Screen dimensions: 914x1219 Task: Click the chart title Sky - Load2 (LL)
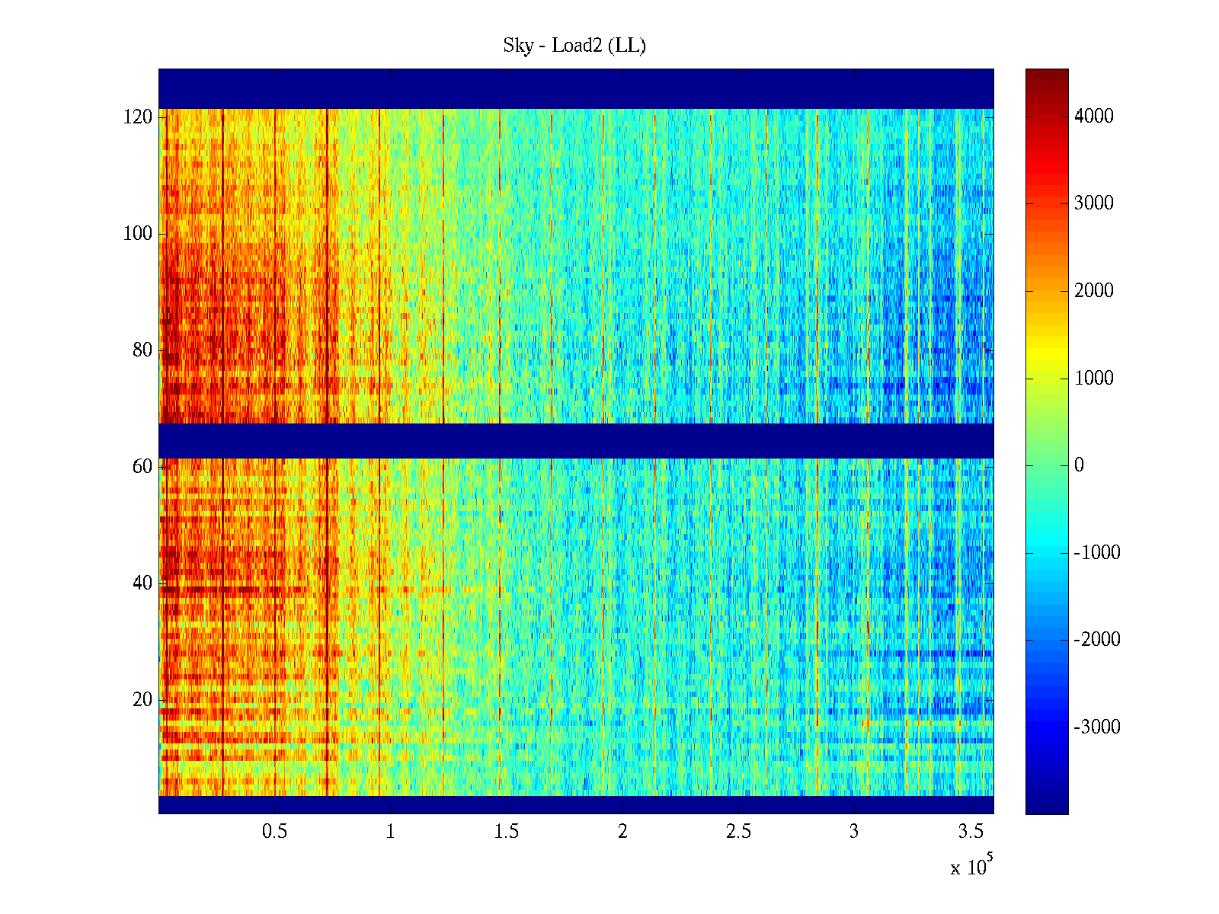[574, 46]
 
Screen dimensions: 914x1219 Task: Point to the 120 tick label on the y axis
[138, 117]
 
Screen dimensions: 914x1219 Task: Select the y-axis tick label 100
[138, 234]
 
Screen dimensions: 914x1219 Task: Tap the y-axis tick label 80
[142, 350]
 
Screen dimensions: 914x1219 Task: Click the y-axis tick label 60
[142, 466]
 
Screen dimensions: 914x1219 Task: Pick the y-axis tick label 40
[142, 583]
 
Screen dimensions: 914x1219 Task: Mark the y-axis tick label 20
[142, 699]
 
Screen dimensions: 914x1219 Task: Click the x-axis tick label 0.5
[274, 832]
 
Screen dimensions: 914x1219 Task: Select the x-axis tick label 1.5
[507, 832]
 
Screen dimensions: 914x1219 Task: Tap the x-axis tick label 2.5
[738, 832]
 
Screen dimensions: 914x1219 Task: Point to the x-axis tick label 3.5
[971, 832]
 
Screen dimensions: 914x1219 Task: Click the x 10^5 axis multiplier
[971, 867]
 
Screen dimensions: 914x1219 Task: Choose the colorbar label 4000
[1094, 116]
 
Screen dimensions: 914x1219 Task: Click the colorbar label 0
[1079, 465]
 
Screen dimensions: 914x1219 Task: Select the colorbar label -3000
[1097, 727]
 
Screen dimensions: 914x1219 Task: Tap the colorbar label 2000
[1094, 290]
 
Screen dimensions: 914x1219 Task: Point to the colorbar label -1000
[1097, 552]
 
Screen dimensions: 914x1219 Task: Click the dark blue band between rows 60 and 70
[576, 440]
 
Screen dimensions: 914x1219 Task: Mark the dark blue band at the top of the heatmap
[576, 88]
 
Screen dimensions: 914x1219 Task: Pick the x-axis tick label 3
[854, 832]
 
